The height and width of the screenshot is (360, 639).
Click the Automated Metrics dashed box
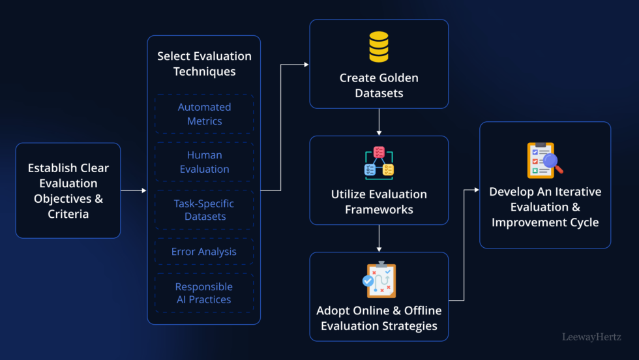coord(204,114)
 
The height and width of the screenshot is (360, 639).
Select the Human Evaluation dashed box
coord(204,162)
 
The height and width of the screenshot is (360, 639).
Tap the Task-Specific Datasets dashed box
coord(204,209)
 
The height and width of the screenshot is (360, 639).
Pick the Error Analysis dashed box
coord(204,251)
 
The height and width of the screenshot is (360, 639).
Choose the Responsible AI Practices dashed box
coord(204,293)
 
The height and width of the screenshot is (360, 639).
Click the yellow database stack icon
coord(379,48)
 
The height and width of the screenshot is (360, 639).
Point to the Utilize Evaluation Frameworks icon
coord(379,163)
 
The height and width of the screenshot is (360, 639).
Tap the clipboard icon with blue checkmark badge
coord(379,280)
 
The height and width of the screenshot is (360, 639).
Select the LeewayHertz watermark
coord(591,337)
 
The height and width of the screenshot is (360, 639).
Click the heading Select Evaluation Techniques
coord(204,63)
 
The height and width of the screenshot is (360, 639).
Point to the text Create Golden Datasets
coord(379,85)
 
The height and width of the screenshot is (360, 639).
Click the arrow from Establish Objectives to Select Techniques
coord(134,190)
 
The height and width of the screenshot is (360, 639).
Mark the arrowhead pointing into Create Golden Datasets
coord(306,65)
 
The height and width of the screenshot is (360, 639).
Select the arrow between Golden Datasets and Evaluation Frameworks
coord(379,122)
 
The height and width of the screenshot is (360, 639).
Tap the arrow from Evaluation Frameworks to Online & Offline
coord(379,239)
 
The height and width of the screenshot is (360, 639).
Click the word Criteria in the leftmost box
coord(68,213)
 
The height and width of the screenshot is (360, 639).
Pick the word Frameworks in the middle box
coord(379,209)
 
